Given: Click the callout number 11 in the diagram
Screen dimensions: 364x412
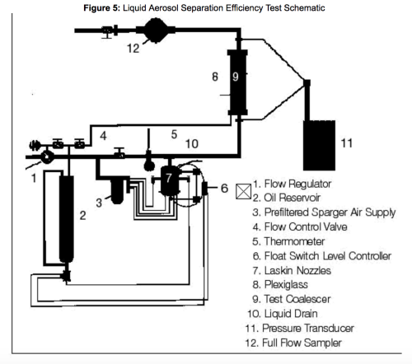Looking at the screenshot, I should tap(347, 142).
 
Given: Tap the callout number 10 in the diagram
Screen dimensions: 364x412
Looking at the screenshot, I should tap(190, 145).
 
